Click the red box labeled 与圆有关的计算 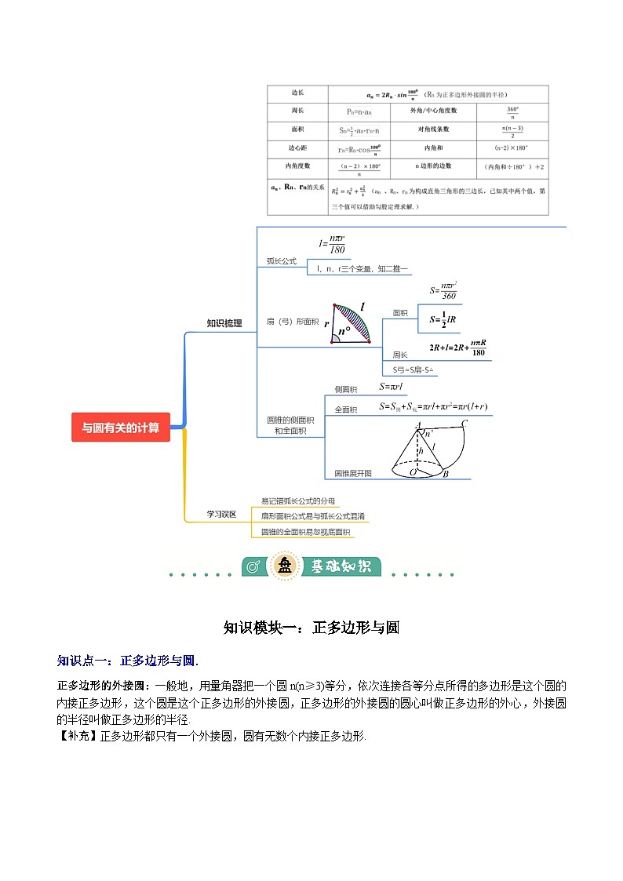click(120, 428)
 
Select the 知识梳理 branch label click(224, 322)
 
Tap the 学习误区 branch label click(221, 514)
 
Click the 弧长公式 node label click(281, 260)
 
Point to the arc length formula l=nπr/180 click(333, 244)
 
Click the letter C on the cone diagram click(465, 424)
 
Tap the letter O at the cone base click(413, 471)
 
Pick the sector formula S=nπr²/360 click(443, 291)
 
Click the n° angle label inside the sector click(343, 331)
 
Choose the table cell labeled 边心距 click(297, 148)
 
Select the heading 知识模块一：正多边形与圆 click(311, 628)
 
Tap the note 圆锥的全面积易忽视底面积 click(306, 532)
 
